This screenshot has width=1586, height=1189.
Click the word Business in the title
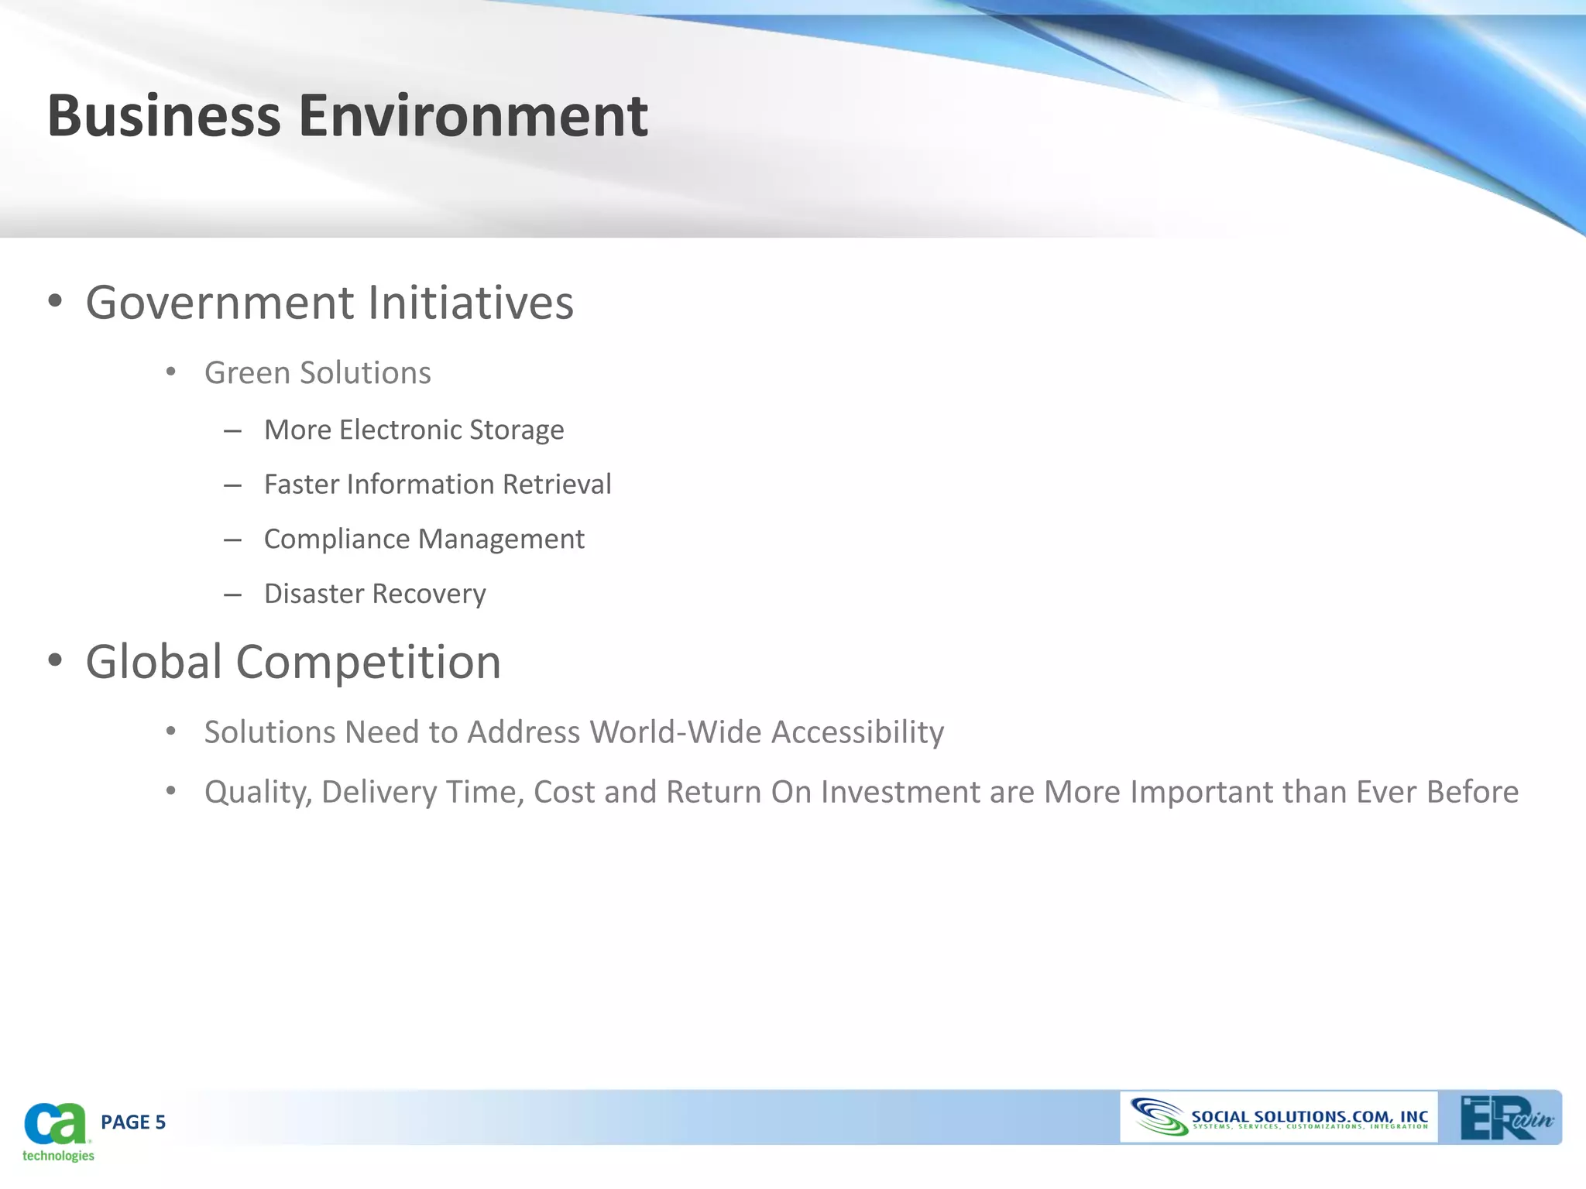click(x=163, y=116)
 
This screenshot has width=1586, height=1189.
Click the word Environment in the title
click(x=473, y=116)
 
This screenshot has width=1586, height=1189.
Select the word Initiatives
click(x=471, y=303)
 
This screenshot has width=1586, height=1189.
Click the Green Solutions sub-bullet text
click(x=318, y=373)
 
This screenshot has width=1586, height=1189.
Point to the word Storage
click(x=517, y=430)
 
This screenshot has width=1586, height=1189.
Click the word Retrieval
click(x=557, y=485)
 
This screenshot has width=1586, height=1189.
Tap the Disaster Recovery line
click(x=375, y=594)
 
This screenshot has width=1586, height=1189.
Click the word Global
click(x=154, y=663)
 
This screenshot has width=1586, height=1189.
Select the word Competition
click(x=368, y=663)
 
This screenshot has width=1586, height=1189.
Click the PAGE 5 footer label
click(x=133, y=1122)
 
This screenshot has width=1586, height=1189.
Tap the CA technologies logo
click(x=57, y=1131)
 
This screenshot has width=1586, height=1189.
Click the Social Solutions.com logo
click(x=1279, y=1118)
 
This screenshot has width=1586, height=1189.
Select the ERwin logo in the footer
click(x=1505, y=1118)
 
